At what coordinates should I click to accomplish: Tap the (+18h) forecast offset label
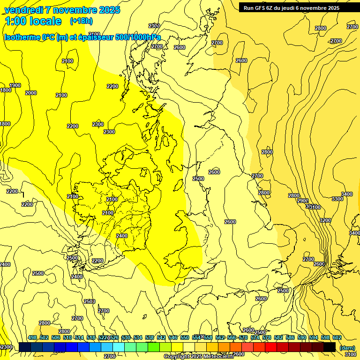81,21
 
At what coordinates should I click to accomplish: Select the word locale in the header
45,21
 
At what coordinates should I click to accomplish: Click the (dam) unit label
346,347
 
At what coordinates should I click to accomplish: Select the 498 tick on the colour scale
32,337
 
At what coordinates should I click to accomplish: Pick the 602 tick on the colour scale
337,337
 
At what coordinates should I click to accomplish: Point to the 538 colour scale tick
150,337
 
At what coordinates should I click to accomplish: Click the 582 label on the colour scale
278,337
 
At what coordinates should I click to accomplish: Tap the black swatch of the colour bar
329,347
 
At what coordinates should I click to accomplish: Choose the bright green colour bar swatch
153,347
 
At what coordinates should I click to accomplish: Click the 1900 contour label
15,85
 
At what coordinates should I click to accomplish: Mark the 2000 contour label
31,93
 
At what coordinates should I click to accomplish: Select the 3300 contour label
337,199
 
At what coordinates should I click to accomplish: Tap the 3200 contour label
325,220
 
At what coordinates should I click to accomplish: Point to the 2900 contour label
303,201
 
